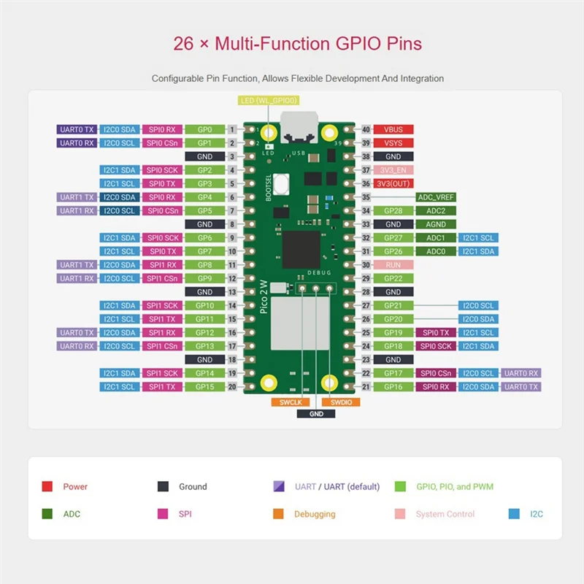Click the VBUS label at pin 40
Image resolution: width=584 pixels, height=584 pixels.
393,129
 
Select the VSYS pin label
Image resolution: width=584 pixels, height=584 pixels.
393,143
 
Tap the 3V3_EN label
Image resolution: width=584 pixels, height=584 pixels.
393,170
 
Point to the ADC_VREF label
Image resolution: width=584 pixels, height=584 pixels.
436,197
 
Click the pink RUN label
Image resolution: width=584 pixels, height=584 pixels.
393,264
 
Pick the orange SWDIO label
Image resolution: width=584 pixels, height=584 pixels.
340,402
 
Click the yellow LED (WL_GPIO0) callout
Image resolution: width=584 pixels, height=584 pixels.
269,100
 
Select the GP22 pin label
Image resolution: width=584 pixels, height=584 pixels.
393,278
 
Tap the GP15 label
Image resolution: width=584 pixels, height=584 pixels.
205,387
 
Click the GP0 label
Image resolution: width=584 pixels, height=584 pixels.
205,129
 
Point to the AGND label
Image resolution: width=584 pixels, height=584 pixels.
436,224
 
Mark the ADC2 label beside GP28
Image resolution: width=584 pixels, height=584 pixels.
436,211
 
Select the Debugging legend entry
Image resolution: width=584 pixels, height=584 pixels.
315,514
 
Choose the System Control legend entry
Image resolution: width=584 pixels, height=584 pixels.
445,514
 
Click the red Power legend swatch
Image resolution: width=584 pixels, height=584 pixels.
47,486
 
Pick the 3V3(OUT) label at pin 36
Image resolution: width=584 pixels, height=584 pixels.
393,183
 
